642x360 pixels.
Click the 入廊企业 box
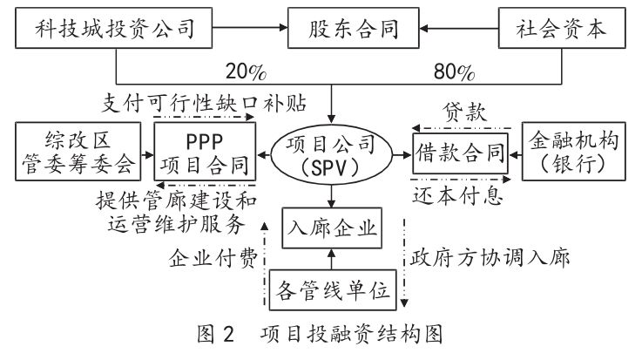pyautogui.click(x=330, y=229)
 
